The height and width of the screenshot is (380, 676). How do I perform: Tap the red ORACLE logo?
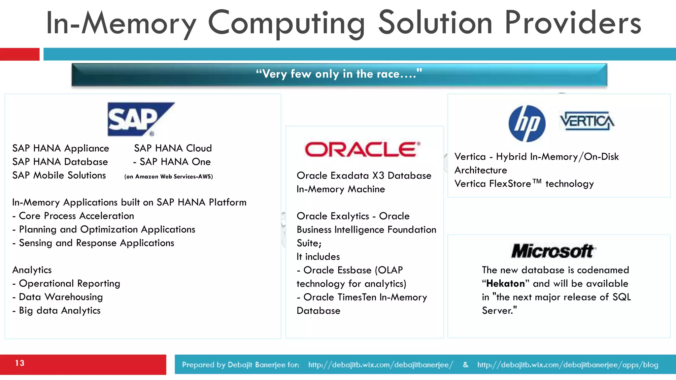pyautogui.click(x=362, y=149)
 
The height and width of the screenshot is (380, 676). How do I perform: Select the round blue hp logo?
pyautogui.click(x=527, y=124)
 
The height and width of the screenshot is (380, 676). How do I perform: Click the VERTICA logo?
pyautogui.click(x=587, y=121)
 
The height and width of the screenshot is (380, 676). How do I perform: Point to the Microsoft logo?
pyautogui.click(x=553, y=251)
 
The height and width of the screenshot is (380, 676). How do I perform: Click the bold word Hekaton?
pyautogui.click(x=505, y=284)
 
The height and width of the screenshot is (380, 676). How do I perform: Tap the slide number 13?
pyautogui.click(x=20, y=363)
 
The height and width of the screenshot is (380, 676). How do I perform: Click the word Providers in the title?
pyautogui.click(x=573, y=23)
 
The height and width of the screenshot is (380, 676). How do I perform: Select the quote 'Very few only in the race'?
pyautogui.click(x=339, y=74)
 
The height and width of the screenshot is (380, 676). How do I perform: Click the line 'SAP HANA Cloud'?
pyautogui.click(x=173, y=148)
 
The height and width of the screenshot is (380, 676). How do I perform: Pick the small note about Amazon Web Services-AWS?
pyautogui.click(x=169, y=176)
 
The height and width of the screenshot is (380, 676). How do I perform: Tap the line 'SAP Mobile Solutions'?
pyautogui.click(x=59, y=175)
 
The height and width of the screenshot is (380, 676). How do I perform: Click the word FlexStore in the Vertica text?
pyautogui.click(x=510, y=184)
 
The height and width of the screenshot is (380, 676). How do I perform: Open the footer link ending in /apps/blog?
pyautogui.click(x=567, y=365)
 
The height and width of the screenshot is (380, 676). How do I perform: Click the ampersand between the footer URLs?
pyautogui.click(x=465, y=365)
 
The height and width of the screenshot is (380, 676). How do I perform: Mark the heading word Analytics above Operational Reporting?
pyautogui.click(x=32, y=270)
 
